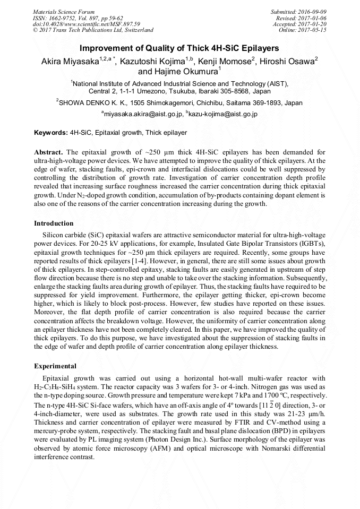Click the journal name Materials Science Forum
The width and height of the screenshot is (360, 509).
64,12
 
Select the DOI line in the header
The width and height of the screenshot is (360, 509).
86,24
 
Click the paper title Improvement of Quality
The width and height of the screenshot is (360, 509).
179,48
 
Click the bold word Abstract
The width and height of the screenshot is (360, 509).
48,152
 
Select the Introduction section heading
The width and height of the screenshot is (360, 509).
54,223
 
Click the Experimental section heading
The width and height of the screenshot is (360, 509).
55,366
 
